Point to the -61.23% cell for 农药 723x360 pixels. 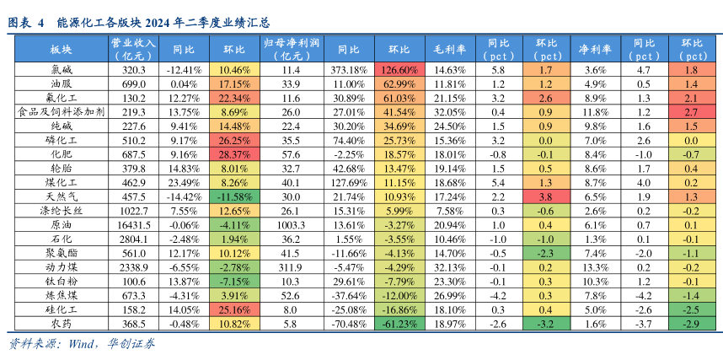tap(402, 325)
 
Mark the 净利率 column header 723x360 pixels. tap(595, 48)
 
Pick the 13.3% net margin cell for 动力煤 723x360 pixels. tap(595, 268)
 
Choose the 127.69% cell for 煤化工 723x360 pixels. tap(349, 183)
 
